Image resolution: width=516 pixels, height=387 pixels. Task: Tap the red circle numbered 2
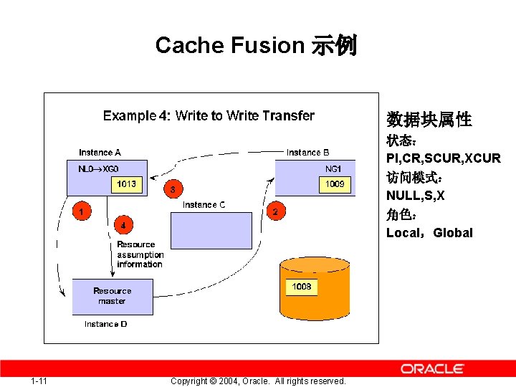coord(275,211)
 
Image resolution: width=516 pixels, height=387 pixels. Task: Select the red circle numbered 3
coord(172,189)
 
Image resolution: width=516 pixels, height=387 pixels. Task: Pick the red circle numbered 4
coord(123,225)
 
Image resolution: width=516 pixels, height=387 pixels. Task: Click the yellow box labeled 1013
coord(126,185)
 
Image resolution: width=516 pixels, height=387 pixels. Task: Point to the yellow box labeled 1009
coord(335,185)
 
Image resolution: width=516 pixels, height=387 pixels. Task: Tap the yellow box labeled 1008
coord(302,287)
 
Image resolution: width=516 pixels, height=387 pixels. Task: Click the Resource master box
coord(113,296)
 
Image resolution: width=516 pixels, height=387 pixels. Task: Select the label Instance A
coord(100,152)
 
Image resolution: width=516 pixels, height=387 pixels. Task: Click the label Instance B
coord(308,152)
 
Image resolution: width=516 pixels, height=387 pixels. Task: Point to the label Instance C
coord(204,205)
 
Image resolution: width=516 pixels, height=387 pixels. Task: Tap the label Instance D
coord(105,324)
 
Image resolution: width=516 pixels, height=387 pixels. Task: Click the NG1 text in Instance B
coord(334,169)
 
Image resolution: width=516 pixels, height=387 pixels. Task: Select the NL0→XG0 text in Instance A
coord(98,169)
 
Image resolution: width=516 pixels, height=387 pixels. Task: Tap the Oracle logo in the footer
coord(432,368)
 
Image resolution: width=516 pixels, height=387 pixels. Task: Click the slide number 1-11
coord(39,381)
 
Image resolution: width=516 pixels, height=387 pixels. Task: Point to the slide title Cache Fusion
coord(256,45)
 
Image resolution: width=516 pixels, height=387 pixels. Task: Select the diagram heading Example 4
coord(209,115)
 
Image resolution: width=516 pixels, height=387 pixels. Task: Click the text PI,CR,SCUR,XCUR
coord(443,158)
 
